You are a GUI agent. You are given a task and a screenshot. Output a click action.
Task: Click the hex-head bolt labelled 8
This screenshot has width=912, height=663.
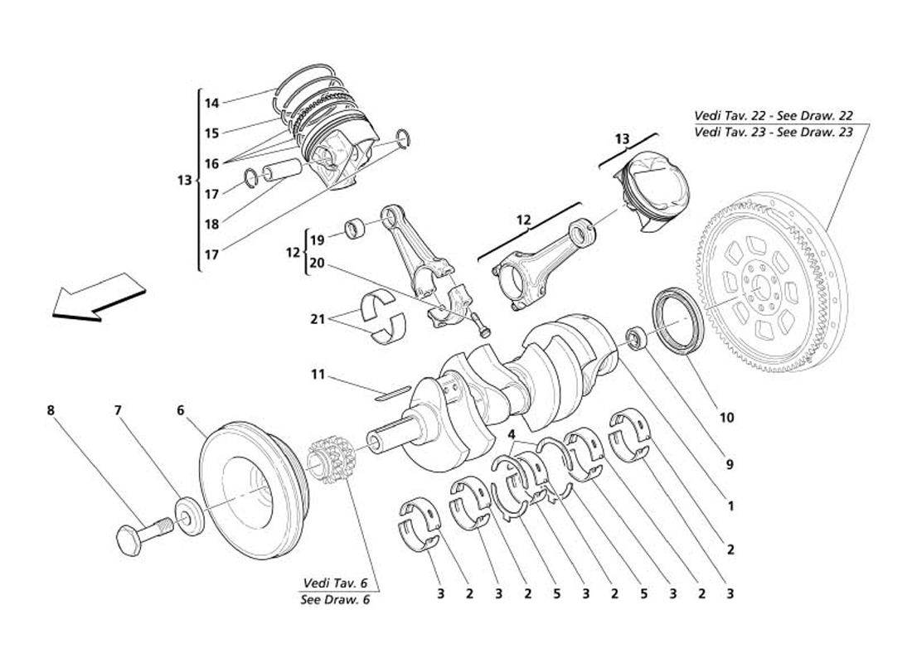(145, 535)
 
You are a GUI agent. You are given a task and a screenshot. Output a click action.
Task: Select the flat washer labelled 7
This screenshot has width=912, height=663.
(189, 515)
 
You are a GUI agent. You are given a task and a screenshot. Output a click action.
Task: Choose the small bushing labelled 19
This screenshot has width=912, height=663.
(356, 228)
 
